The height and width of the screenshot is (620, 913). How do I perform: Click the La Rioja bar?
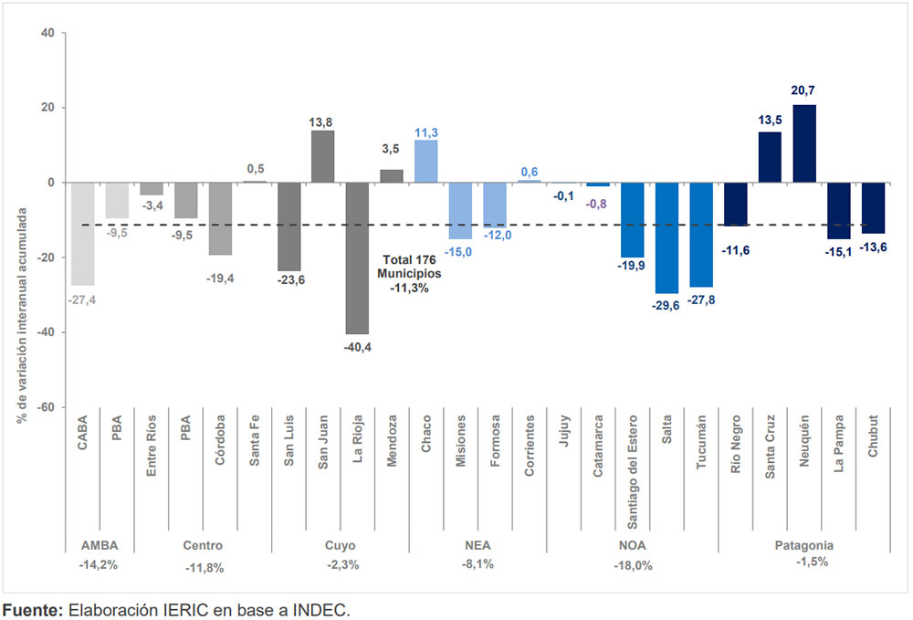pos(357,257)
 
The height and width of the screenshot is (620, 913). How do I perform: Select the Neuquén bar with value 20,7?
pos(804,143)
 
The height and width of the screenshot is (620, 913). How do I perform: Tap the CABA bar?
pos(82,234)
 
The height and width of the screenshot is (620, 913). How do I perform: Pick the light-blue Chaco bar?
pos(426,161)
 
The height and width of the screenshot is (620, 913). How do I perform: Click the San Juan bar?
pos(323,156)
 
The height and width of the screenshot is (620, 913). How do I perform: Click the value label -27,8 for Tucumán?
pos(701,300)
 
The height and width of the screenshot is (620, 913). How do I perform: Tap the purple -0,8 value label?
pos(598,203)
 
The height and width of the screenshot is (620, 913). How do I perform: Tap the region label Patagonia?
pos(804,546)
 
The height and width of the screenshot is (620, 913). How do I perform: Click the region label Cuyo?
pos(341,546)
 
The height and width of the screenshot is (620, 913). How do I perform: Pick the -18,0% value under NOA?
pos(633,566)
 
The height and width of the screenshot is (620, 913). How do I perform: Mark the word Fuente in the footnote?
pos(30,609)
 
